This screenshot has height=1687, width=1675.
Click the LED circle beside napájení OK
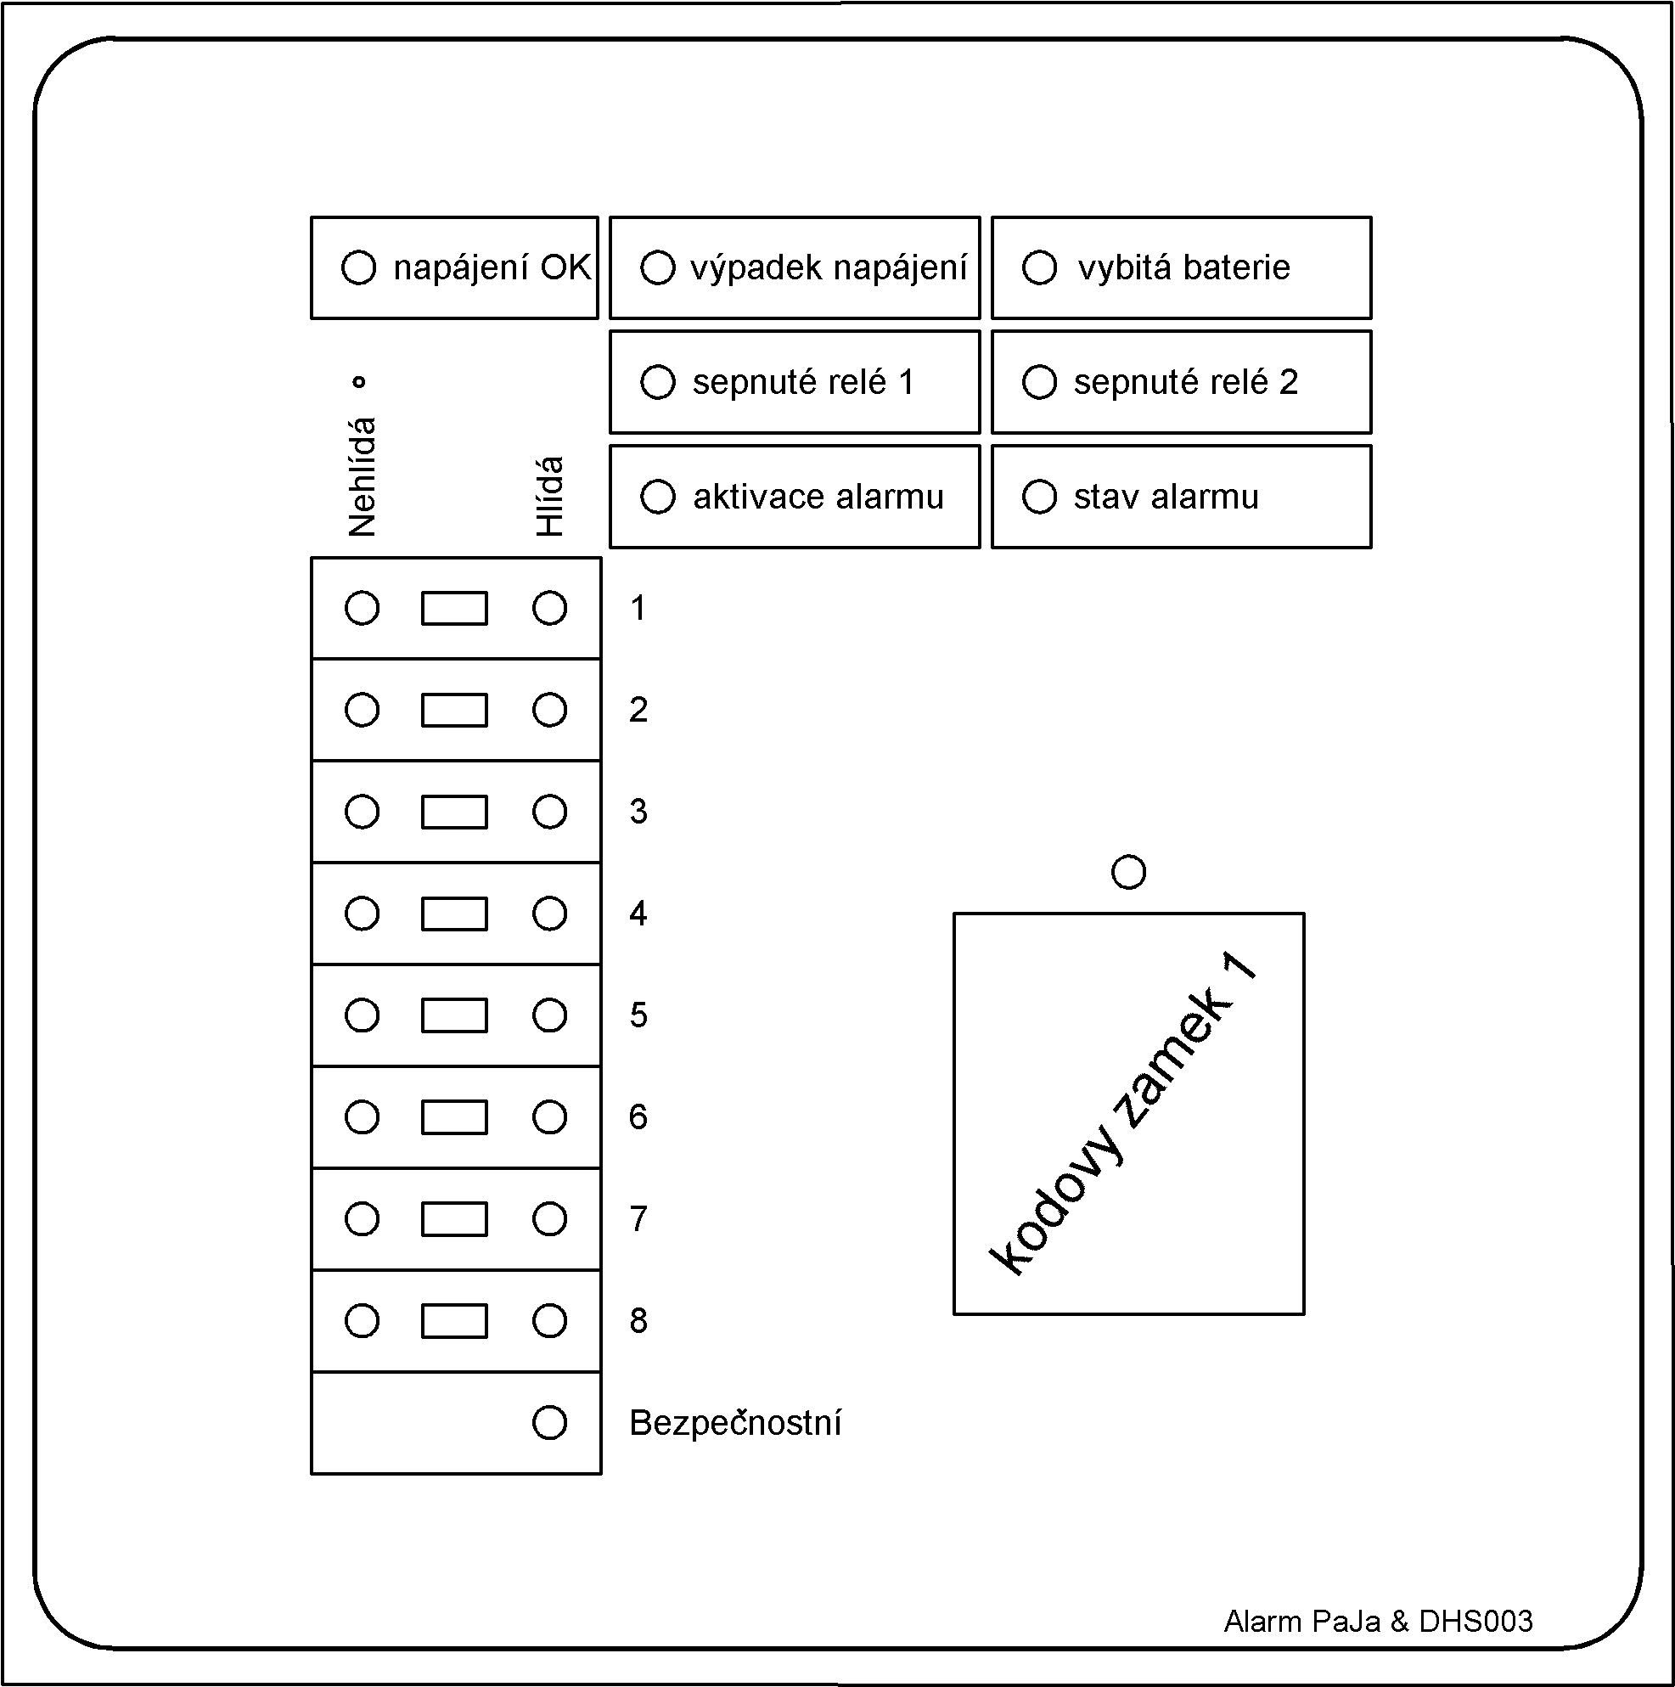(358, 267)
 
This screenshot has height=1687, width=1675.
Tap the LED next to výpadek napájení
(658, 267)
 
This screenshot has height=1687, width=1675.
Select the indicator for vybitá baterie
(1039, 267)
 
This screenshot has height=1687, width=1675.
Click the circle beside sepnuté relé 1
(658, 381)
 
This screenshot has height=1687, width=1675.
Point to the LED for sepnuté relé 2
(1039, 381)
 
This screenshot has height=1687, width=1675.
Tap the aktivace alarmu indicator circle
(658, 497)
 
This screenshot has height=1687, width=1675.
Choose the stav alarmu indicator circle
(1039, 497)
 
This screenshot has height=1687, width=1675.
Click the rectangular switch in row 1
(454, 609)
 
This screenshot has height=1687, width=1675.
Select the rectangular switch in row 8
(454, 1321)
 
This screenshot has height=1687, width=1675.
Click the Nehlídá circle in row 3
(362, 812)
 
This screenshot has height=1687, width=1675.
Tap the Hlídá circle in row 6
(549, 1116)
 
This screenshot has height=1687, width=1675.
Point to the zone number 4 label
(638, 914)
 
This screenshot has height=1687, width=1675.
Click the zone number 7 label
(638, 1219)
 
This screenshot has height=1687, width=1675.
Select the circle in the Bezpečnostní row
(549, 1422)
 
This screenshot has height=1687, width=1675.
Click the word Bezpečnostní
(735, 1422)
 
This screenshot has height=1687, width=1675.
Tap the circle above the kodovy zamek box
(1128, 871)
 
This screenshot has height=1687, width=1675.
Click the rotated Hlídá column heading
(550, 496)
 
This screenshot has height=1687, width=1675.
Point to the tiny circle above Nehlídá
(358, 381)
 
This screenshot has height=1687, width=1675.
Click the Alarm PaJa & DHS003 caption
(1378, 1622)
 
